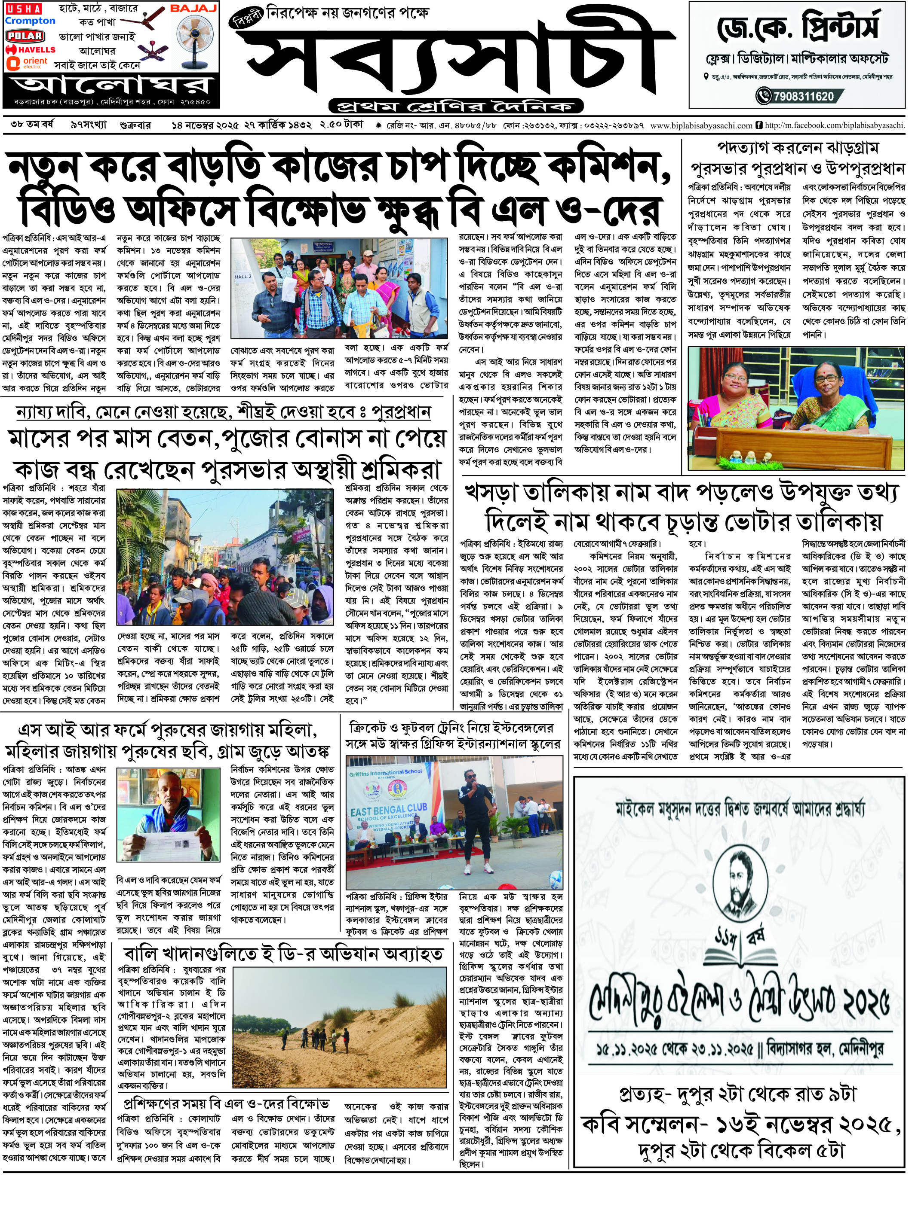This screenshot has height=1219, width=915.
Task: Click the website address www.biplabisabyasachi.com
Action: (701, 126)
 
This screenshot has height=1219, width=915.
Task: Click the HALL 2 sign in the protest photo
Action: (243, 277)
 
